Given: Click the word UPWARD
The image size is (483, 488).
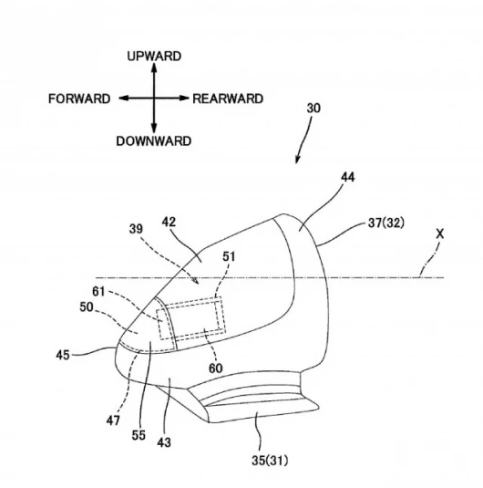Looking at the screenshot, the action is coord(154,57).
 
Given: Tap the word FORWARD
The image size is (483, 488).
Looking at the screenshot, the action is coord(79,99).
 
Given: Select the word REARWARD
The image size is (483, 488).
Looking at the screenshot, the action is coord(228,99).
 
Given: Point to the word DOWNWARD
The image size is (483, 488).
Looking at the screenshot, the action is coord(154,141).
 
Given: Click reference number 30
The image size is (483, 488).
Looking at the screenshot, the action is coord(313,109).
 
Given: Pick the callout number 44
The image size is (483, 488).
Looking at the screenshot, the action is coord(348,177).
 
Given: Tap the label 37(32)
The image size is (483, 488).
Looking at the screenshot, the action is coord(386,223).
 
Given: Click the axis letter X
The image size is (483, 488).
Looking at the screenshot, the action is coord(440,234).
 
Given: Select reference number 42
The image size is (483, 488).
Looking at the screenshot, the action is coord(169,222).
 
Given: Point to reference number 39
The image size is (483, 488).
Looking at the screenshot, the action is coord(136,229).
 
